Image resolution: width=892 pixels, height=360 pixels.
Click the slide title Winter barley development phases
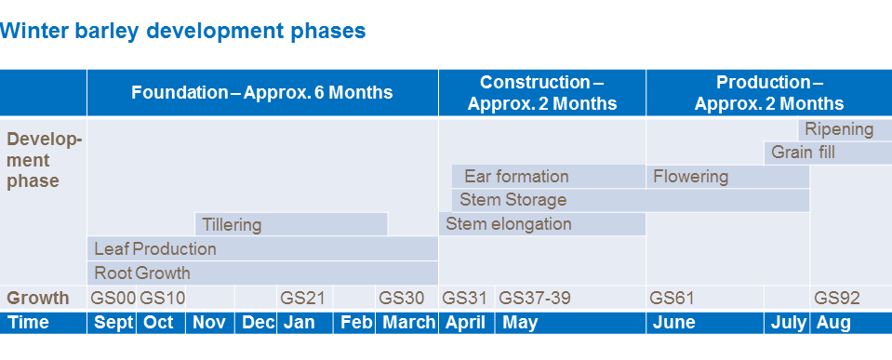point(183,31)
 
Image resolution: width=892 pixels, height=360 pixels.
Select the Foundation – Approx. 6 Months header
point(262,93)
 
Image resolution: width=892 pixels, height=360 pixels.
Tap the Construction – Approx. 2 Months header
point(542,93)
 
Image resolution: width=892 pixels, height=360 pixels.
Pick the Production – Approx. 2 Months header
point(768,93)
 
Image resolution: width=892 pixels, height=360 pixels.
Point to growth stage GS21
point(302,299)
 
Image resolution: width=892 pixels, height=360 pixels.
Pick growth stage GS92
point(837,299)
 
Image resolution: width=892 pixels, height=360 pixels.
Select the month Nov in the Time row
point(210,323)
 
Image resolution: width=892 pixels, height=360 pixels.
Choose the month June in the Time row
point(674,323)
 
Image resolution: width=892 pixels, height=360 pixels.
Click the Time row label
point(28,323)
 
